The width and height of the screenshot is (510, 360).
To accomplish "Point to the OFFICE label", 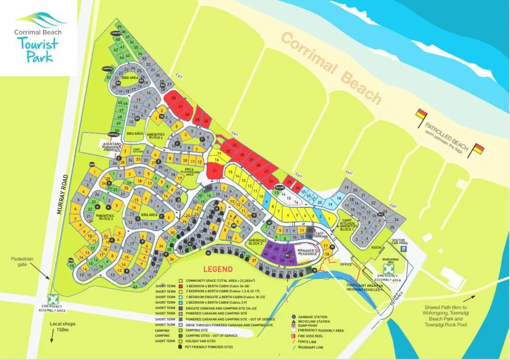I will [x=346, y=264].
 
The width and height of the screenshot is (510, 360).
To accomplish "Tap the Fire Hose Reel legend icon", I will [x=294, y=336].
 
